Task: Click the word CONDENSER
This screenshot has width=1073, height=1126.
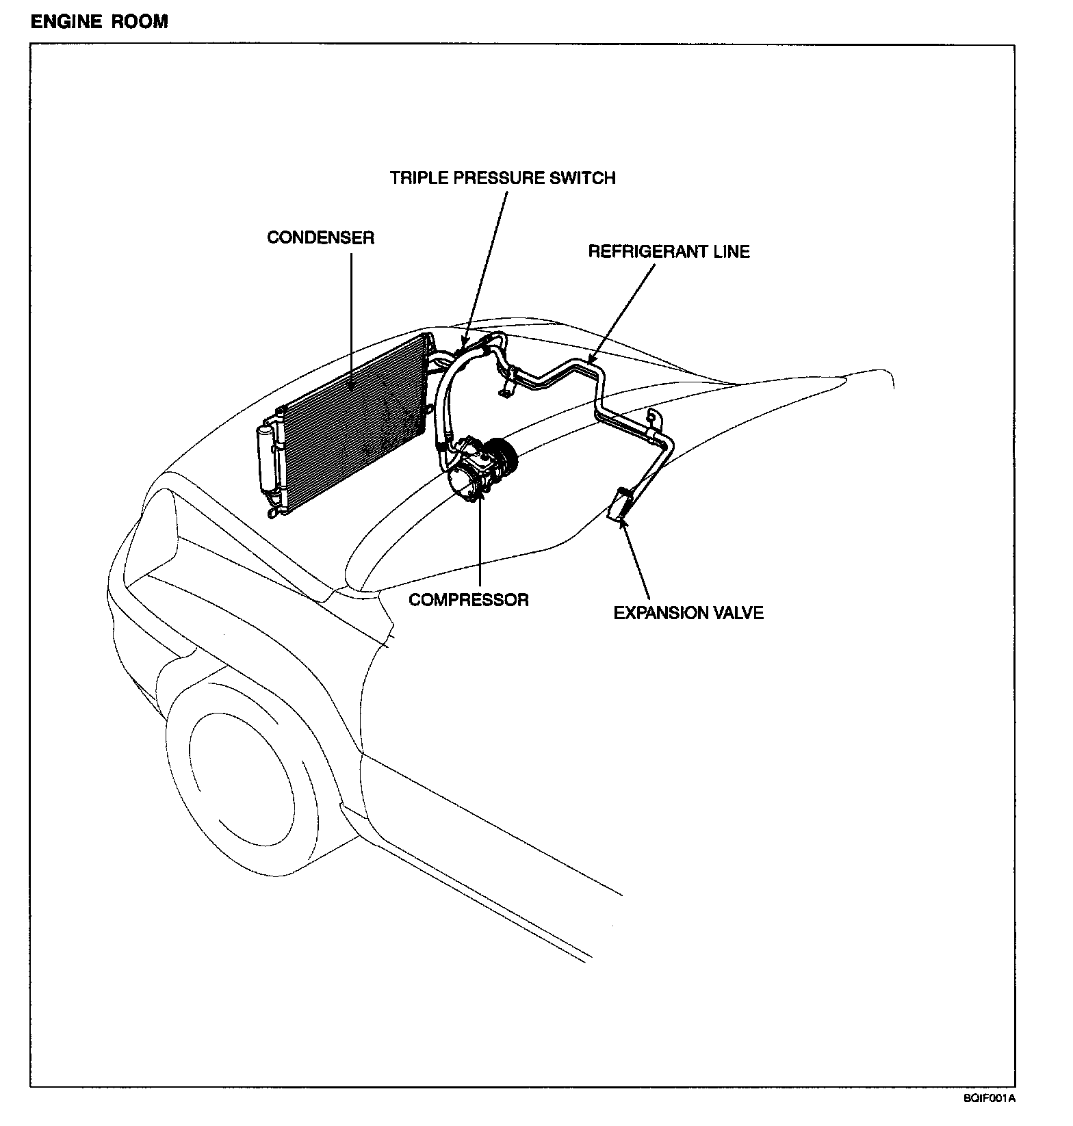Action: pos(320,238)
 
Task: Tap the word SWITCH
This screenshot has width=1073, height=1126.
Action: pos(584,179)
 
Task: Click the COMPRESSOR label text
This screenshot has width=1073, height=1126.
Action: pos(469,600)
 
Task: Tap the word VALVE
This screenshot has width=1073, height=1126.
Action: pos(738,613)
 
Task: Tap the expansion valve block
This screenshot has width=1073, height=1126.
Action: pos(621,505)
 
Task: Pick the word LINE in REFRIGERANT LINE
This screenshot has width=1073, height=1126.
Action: pos(730,252)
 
